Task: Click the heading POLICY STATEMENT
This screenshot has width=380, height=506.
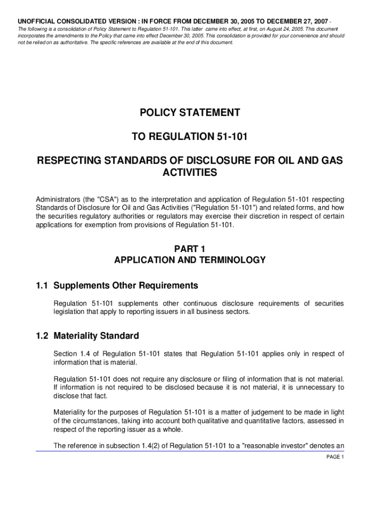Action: pyautogui.click(x=190, y=113)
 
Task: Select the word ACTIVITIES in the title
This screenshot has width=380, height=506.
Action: pyautogui.click(x=190, y=172)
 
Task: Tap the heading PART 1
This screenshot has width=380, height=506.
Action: pyautogui.click(x=190, y=249)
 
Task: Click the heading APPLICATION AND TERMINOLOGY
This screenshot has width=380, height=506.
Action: pyautogui.click(x=190, y=260)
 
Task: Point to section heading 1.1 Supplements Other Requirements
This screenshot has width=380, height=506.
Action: pyautogui.click(x=116, y=286)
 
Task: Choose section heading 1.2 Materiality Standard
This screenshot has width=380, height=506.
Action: pyautogui.click(x=87, y=336)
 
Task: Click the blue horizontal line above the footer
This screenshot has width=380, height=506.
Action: pyautogui.click(x=190, y=451)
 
